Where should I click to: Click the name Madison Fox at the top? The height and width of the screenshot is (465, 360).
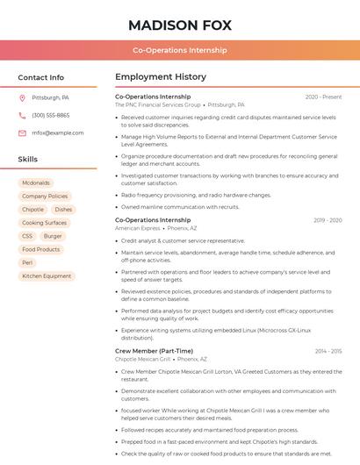[179, 24]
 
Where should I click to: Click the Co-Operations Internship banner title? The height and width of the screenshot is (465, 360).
[179, 50]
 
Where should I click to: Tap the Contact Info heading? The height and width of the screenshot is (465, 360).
[40, 77]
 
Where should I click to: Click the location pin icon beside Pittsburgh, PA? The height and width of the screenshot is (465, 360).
[22, 97]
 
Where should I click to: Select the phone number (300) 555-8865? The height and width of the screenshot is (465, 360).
[50, 115]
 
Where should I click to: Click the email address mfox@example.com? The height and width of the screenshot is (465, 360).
[57, 132]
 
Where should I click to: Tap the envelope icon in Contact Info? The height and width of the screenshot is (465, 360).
[22, 132]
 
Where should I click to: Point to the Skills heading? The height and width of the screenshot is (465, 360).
[28, 160]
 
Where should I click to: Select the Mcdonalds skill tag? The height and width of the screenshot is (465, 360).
[36, 183]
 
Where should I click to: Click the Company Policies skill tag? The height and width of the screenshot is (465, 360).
[45, 197]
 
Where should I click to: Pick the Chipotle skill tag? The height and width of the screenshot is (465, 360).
[32, 210]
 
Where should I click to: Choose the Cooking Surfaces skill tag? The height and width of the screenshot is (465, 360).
[44, 223]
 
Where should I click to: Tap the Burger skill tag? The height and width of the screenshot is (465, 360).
[53, 236]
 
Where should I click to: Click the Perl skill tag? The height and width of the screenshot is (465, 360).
[27, 262]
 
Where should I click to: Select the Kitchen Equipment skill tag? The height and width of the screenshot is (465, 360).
[47, 275]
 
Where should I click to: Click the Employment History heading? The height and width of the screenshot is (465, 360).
[161, 77]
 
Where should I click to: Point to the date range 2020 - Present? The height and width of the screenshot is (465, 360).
[323, 97]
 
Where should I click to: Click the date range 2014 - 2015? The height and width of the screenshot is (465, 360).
[328, 351]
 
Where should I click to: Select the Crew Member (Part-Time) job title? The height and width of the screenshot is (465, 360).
[154, 351]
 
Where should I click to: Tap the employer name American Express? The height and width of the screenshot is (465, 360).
[138, 228]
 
